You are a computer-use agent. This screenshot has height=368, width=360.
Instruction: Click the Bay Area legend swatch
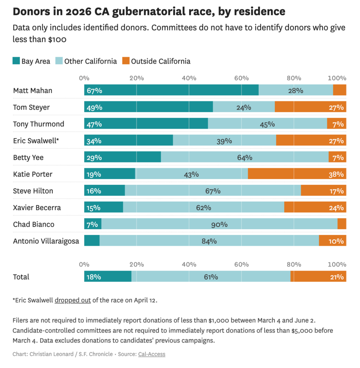point(16,61)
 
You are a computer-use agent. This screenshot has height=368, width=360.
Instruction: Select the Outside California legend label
point(161,61)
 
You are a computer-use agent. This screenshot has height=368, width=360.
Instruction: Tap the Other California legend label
point(91,61)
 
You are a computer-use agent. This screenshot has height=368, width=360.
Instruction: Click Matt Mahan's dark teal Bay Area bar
point(171,90)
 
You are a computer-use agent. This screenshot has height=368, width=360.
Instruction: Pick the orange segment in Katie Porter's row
point(297,174)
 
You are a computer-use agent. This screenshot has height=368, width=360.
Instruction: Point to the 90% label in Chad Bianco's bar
point(219,224)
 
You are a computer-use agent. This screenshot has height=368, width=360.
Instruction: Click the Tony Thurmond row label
point(38,124)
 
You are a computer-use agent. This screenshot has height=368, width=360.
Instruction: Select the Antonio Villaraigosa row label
point(46,241)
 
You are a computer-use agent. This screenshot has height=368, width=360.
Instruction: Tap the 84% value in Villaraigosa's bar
point(209,241)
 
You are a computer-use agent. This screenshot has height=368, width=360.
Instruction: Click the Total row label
point(21,277)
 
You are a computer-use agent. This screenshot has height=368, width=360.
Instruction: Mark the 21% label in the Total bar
point(336,277)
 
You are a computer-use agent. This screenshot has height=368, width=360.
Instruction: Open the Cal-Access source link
point(152,354)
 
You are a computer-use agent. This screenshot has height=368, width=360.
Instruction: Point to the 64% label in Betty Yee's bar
point(245,157)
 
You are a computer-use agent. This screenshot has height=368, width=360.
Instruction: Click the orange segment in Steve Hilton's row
point(323,191)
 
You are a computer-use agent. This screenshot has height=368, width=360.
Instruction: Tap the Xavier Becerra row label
point(37,208)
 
